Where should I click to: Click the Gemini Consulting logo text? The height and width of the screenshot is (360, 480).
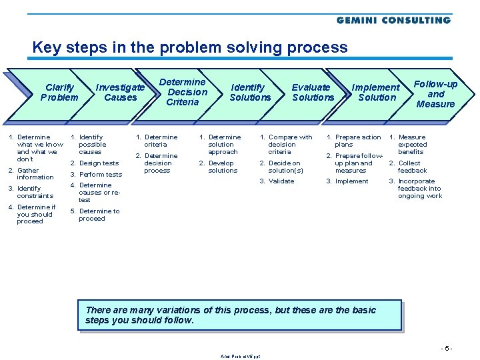393,20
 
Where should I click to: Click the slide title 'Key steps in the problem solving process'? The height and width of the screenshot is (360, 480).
190,48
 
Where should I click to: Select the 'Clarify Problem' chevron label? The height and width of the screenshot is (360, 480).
59,93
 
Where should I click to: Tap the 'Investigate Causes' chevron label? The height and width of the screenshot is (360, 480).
120,93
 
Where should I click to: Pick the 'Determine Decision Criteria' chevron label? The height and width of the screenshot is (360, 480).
183,92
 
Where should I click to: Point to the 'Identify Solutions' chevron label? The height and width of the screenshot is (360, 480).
250,93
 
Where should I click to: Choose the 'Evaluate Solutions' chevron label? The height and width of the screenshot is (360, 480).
313,93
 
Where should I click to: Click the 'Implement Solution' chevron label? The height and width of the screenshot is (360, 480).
376,93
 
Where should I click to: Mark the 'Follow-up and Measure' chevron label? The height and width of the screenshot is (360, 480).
435,94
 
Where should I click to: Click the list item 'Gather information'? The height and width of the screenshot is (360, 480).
35,174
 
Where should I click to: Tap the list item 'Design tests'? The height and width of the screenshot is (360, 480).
98,163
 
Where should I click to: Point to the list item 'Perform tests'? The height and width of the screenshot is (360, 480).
100,175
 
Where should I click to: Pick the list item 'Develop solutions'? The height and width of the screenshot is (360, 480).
222,167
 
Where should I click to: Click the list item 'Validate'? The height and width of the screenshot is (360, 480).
281,181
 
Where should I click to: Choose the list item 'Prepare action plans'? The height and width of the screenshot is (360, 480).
357,141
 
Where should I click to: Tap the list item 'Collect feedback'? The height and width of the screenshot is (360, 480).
411,167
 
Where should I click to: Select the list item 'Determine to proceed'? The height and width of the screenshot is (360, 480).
98,215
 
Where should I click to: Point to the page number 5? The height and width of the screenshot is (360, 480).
447,348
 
